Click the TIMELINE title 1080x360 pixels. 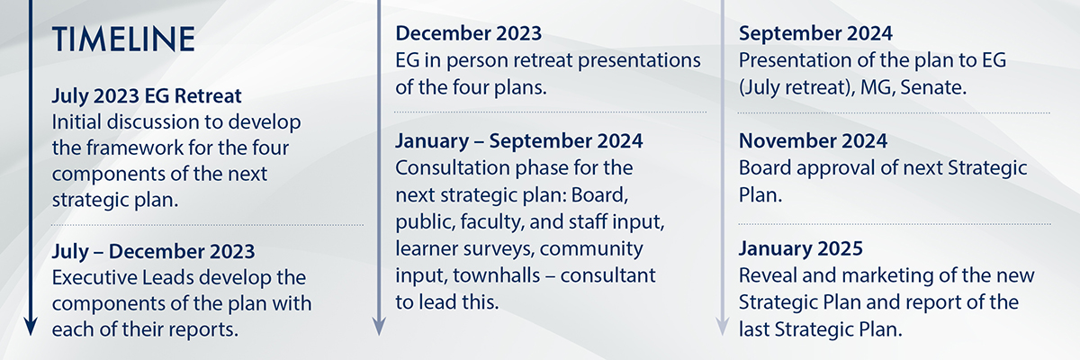[123, 39]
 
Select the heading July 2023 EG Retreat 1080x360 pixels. [147, 96]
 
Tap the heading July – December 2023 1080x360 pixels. [153, 252]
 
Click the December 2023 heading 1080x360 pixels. [469, 33]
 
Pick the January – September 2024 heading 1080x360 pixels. [519, 140]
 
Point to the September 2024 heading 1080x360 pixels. [815, 33]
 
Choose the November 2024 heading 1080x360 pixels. [813, 140]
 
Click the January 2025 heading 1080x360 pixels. [801, 248]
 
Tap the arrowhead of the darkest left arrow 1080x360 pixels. [31, 328]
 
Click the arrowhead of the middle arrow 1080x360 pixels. [379, 328]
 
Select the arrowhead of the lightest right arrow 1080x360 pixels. [722, 328]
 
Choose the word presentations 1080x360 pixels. [639, 61]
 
